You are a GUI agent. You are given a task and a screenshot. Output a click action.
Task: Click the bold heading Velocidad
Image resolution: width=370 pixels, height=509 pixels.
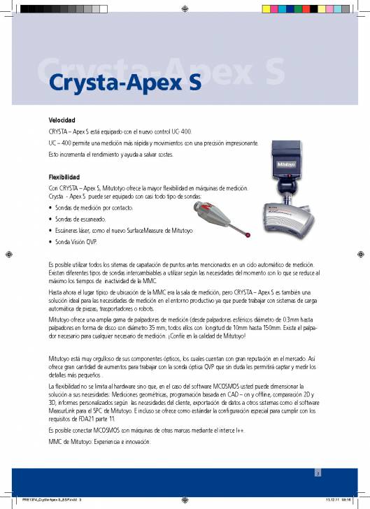[62, 120]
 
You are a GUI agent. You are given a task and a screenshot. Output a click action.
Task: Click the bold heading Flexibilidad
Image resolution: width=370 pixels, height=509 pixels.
[64, 177]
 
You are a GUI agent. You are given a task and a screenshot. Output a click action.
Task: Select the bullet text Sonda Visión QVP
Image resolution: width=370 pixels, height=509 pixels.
[73, 242]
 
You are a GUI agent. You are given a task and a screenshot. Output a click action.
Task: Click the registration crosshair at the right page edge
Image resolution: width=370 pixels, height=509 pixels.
[362, 254]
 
